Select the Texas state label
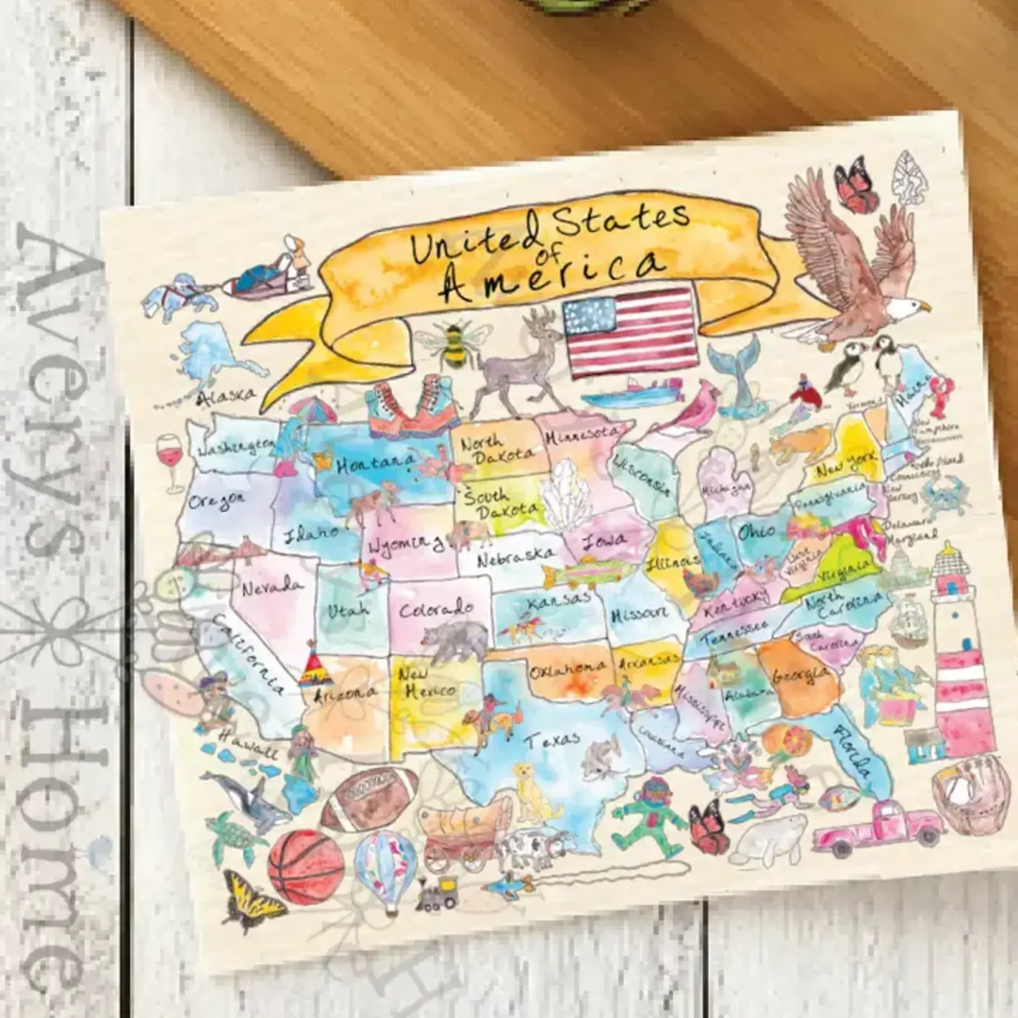tap(553, 739)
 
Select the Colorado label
tap(436, 609)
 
